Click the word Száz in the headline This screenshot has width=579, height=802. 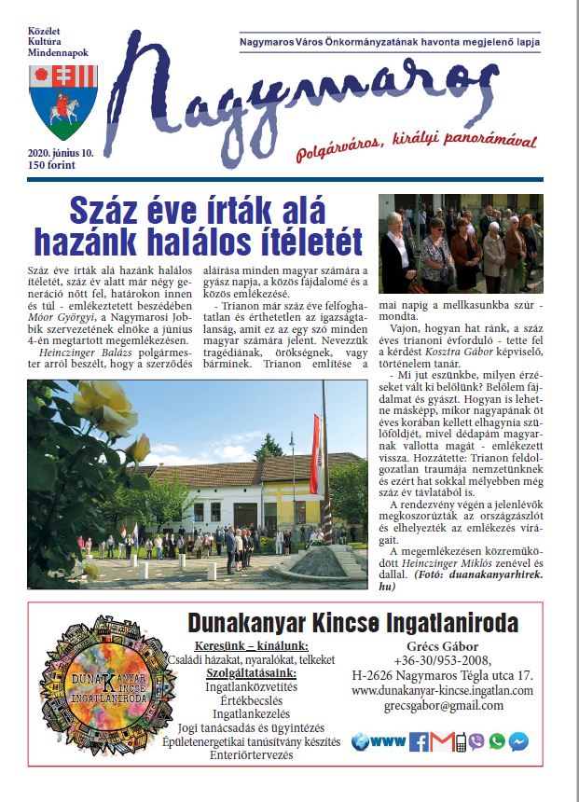pyautogui.click(x=106, y=207)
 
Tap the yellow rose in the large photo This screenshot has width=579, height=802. pyautogui.click(x=137, y=450)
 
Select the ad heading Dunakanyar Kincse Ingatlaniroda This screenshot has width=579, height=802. pyautogui.click(x=353, y=623)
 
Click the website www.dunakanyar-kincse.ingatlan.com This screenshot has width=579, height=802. pyautogui.click(x=443, y=690)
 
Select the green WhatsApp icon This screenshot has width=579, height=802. pyautogui.click(x=496, y=741)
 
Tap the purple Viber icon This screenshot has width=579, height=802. pyautogui.click(x=477, y=741)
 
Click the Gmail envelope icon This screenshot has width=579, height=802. pyautogui.click(x=439, y=741)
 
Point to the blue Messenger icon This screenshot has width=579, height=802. pyautogui.click(x=518, y=741)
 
